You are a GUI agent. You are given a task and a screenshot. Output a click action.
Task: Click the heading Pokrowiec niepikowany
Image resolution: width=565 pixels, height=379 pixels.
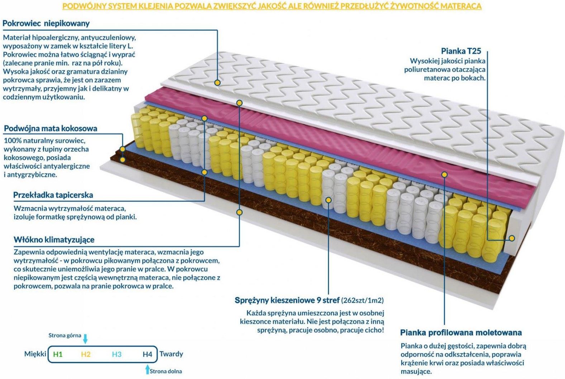click(x=46, y=23)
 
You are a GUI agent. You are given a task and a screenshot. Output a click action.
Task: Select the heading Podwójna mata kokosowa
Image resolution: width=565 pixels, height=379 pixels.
click(x=51, y=129)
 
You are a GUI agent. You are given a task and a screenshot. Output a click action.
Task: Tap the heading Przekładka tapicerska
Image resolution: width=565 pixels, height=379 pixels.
click(x=53, y=195)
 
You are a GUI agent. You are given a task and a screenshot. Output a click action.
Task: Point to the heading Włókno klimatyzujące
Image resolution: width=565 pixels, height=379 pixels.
click(x=54, y=240)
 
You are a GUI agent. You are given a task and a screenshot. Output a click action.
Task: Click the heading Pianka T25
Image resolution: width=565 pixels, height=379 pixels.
click(x=461, y=51)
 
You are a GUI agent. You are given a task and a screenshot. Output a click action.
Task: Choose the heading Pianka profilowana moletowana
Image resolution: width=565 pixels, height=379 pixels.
click(x=461, y=332)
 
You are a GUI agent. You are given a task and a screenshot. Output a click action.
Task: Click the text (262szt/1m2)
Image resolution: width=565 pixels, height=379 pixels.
click(x=363, y=300)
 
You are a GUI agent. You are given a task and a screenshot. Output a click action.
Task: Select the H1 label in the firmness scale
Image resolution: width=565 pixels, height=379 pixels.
click(x=58, y=355)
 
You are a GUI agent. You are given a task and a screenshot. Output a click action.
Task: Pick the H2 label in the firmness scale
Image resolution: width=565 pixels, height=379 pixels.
click(x=86, y=355)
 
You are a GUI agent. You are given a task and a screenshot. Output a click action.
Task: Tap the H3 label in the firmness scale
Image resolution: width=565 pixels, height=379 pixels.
click(x=117, y=355)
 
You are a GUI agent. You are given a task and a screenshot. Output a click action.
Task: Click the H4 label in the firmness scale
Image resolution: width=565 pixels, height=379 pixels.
click(x=147, y=355)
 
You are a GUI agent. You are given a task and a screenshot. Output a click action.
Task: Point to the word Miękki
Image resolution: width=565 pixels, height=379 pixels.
click(x=35, y=354)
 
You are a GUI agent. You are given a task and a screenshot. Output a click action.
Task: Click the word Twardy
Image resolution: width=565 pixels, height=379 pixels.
click(x=171, y=354)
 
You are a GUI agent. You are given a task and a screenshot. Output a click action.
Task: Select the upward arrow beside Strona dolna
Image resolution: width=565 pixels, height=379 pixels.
click(x=148, y=370)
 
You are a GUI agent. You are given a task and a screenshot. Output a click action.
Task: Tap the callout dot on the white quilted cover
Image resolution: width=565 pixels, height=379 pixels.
click(x=217, y=83)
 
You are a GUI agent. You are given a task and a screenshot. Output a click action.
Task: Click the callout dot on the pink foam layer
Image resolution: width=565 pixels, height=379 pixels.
click(x=444, y=174)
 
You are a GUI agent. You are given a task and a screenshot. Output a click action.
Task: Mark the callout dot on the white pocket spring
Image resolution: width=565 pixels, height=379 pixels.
click(x=328, y=200)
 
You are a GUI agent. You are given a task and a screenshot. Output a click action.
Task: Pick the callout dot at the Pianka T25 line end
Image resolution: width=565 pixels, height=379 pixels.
click(x=512, y=238)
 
